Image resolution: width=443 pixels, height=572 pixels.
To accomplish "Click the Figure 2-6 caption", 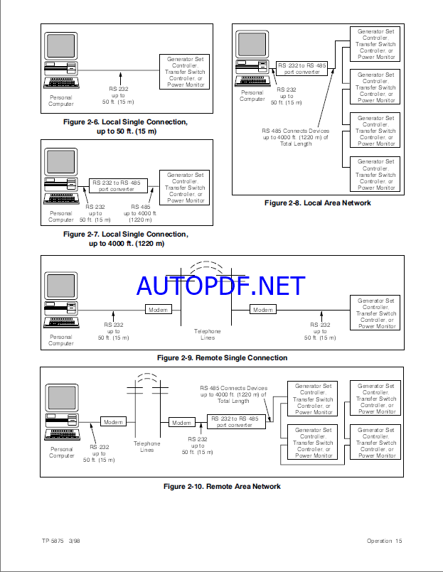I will [x=126, y=126].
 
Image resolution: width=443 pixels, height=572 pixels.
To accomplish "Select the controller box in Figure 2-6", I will [x=185, y=71].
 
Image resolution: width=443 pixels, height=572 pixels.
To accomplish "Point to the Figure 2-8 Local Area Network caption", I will [x=318, y=203].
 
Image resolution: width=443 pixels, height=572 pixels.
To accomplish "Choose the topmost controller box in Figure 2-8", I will [x=375, y=44].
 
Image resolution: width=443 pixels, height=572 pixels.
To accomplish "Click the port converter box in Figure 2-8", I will [x=301, y=68].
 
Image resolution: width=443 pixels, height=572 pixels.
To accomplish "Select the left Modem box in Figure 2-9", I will [x=158, y=309].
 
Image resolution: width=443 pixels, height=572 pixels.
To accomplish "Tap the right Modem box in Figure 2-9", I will [x=263, y=310].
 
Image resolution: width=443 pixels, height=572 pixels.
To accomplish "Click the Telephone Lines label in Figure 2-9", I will [x=208, y=334].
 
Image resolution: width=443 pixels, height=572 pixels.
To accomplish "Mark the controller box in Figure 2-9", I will [x=376, y=313].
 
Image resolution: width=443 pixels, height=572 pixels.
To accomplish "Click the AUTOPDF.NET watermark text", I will [x=220, y=286].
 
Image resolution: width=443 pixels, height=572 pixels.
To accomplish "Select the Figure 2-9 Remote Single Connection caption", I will [x=222, y=357].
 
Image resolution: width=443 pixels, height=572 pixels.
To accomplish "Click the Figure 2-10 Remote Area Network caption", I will [x=222, y=486].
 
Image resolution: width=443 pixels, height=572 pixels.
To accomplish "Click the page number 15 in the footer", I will [x=399, y=541].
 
